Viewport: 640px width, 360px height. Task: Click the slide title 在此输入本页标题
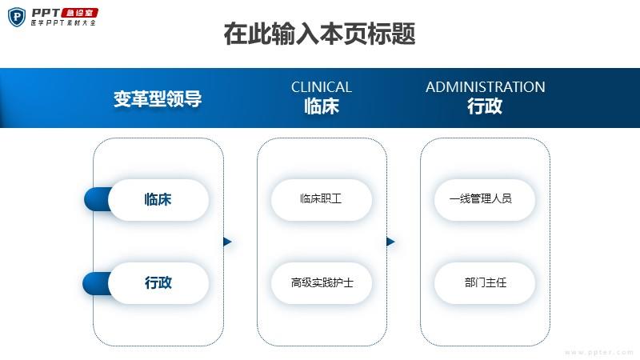pyautogui.click(x=319, y=34)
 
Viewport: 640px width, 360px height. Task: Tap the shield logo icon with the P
pyautogui.click(x=17, y=17)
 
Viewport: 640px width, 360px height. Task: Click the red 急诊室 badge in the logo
pyautogui.click(x=79, y=13)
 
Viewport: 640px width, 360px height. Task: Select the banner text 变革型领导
pyautogui.click(x=158, y=99)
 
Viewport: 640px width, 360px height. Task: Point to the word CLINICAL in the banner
pyautogui.click(x=322, y=87)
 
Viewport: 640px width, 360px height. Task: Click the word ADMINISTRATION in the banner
pyautogui.click(x=486, y=87)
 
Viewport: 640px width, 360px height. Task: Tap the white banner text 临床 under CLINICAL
pyautogui.click(x=322, y=106)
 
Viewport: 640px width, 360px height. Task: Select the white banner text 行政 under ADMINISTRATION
pyautogui.click(x=485, y=106)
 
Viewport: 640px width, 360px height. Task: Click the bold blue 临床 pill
pyautogui.click(x=158, y=199)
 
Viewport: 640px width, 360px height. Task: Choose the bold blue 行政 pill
pyautogui.click(x=158, y=283)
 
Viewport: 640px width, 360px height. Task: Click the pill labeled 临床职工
pyautogui.click(x=322, y=199)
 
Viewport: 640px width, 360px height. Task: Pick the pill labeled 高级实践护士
pyautogui.click(x=322, y=283)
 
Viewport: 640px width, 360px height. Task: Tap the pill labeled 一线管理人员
pyautogui.click(x=485, y=199)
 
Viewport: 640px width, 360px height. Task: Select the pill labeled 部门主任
pyautogui.click(x=485, y=283)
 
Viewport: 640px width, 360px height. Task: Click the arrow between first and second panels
pyautogui.click(x=227, y=242)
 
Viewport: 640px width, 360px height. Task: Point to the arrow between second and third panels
pyautogui.click(x=390, y=242)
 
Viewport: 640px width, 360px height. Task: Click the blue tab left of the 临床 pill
pyautogui.click(x=97, y=199)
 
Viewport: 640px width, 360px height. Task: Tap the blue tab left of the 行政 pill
pyautogui.click(x=96, y=283)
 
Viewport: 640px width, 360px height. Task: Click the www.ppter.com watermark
pyautogui.click(x=598, y=352)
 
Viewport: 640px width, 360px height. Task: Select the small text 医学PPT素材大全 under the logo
pyautogui.click(x=63, y=23)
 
